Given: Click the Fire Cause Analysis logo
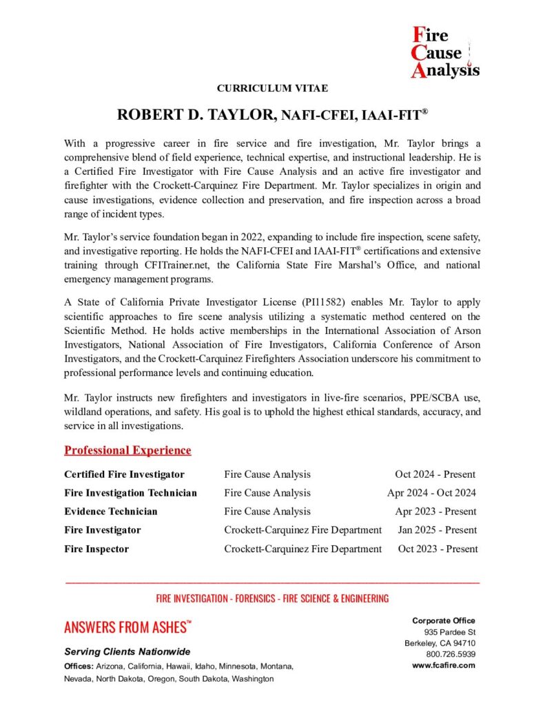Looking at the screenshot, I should point(444,52).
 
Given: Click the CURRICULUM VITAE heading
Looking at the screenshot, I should point(272,88).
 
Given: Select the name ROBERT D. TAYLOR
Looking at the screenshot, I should point(196,115).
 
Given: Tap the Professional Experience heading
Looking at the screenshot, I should point(127,450).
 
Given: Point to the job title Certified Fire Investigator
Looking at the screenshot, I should point(124,474).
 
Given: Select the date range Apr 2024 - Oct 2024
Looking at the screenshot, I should point(431,493).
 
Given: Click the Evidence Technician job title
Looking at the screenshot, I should point(110,512).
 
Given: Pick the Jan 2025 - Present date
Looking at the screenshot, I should point(437,530).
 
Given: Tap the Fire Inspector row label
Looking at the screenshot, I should point(96,549).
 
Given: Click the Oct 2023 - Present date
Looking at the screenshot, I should point(437,549).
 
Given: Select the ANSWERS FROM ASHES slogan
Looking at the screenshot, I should point(127,627).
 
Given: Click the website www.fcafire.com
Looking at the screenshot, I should point(444,666).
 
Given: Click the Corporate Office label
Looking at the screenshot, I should point(444,621).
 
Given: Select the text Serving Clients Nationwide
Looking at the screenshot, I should point(127,651).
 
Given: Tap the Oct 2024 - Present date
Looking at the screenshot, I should point(435,474).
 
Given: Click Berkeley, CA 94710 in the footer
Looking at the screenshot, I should point(440,644).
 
